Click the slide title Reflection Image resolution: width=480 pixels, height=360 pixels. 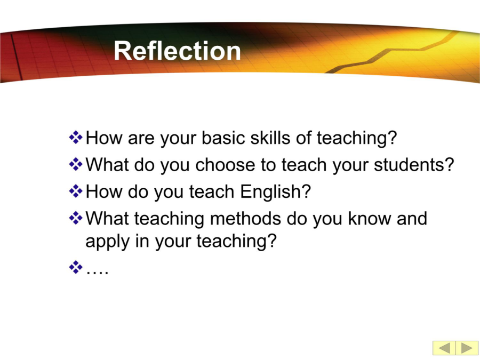coord(177,51)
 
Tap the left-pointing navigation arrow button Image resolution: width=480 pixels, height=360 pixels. coord(444,348)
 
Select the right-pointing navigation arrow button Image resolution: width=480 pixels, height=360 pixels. coord(467,348)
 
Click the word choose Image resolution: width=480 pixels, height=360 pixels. coord(225,165)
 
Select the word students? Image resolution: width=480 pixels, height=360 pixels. coord(414,165)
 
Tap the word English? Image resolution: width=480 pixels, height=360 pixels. coord(275,191)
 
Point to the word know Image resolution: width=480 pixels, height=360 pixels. coord(370,219)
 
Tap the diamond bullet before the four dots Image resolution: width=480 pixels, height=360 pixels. coord(76,267)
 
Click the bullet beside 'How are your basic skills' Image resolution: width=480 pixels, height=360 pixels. coord(76,137)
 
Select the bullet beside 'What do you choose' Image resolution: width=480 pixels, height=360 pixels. coord(76,164)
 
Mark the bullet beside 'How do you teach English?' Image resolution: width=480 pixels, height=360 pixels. coord(76,191)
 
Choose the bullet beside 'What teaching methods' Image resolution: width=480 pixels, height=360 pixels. coord(76,218)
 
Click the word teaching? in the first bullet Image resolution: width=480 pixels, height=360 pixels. coord(357,138)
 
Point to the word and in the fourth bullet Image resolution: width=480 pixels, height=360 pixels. coord(412,219)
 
